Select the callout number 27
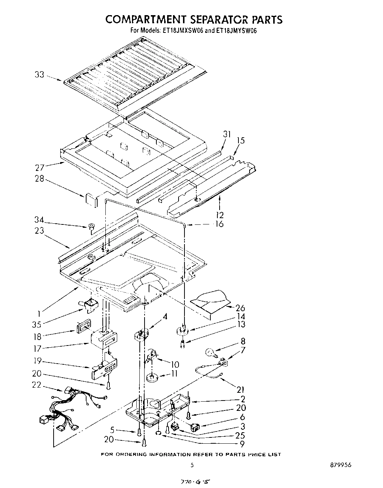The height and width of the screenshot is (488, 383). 40,167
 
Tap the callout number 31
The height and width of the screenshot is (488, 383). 227,134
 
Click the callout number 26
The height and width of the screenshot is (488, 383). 240,308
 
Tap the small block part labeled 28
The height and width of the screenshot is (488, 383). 90,199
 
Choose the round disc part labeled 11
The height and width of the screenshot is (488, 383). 151,378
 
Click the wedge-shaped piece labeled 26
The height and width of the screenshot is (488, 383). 209,302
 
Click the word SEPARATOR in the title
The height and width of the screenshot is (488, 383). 201,19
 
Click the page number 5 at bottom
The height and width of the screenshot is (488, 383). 191,465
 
